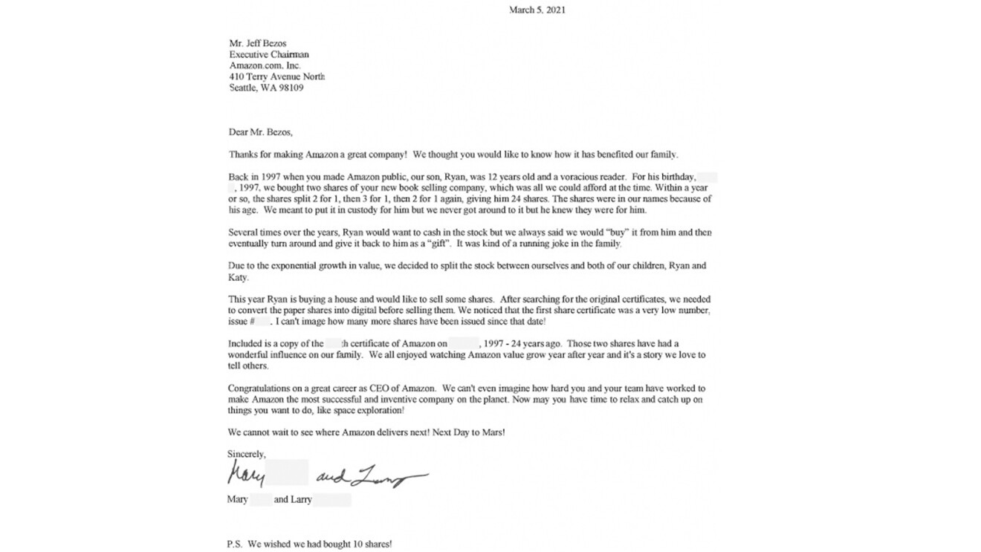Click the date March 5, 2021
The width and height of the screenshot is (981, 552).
tap(537, 10)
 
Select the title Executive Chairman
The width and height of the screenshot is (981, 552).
tap(269, 54)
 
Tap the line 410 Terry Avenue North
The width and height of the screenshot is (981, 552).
tap(276, 77)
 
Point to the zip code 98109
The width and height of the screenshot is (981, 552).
tap(288, 88)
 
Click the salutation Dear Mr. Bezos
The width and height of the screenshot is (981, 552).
tap(260, 132)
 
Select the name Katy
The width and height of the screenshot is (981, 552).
tap(237, 277)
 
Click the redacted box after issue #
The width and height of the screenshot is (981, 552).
tap(262, 322)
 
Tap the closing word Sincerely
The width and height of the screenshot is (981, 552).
tap(247, 454)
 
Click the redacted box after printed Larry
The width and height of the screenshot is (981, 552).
tap(332, 500)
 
